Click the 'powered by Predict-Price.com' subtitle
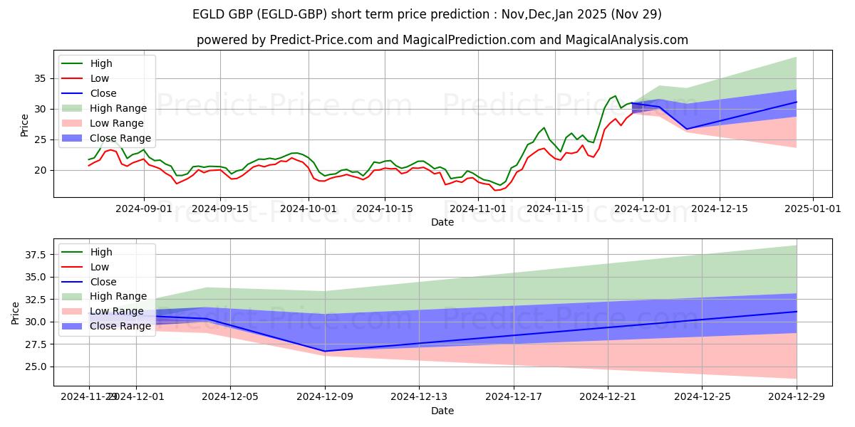click(442, 40)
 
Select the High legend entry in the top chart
click(102, 63)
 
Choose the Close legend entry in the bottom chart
click(103, 282)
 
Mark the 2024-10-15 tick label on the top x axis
click(385, 209)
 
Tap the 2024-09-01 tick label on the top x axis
click(144, 209)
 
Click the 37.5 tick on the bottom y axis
click(37, 255)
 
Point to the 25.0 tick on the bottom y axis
click(37, 367)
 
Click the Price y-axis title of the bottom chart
click(16, 312)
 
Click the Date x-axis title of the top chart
click(442, 222)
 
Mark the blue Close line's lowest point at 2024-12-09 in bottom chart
click(325, 351)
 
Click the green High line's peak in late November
click(615, 95)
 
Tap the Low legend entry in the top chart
click(100, 78)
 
